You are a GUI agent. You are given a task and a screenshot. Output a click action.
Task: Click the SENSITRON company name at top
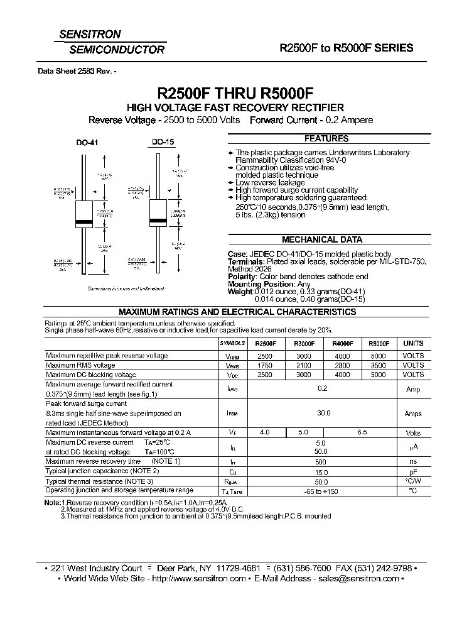(x=90, y=35)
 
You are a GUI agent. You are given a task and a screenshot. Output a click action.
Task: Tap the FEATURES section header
(x=326, y=139)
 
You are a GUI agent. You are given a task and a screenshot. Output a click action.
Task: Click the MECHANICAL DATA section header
(x=321, y=239)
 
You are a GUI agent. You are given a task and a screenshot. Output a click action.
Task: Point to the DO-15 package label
(x=163, y=143)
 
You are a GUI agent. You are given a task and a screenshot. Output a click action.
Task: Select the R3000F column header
(x=303, y=344)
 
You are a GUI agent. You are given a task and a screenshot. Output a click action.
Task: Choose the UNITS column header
(x=412, y=344)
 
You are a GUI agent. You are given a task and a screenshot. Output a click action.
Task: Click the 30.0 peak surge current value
(x=323, y=414)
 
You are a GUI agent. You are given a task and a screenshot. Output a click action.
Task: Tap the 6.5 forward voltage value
(x=362, y=432)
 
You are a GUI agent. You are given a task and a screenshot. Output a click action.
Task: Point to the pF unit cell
(x=412, y=471)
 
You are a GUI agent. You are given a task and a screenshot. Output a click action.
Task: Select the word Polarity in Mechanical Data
(x=242, y=277)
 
